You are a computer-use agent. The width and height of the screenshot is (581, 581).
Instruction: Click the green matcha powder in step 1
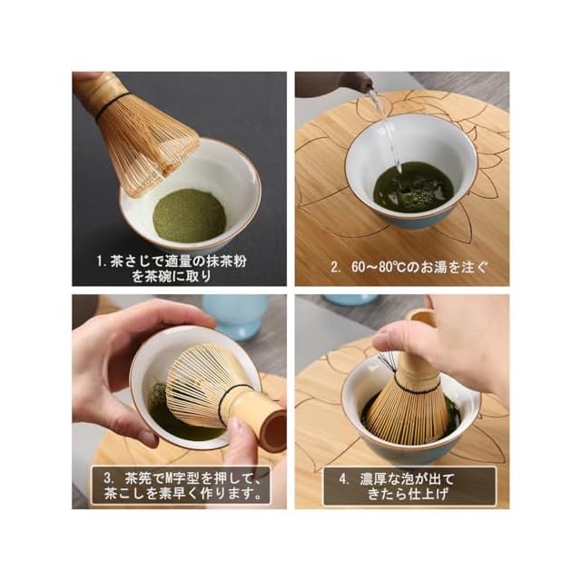pyautogui.click(x=189, y=216)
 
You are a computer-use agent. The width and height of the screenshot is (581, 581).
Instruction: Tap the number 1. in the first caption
pyautogui.click(x=102, y=262)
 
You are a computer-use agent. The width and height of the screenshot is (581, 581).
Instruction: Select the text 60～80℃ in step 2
pyautogui.click(x=378, y=267)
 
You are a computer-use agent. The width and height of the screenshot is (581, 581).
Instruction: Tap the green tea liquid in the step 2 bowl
pyautogui.click(x=413, y=188)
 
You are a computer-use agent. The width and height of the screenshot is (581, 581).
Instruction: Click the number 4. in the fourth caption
pyautogui.click(x=344, y=479)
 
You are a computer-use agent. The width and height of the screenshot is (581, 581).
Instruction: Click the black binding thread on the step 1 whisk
pyautogui.click(x=112, y=105)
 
